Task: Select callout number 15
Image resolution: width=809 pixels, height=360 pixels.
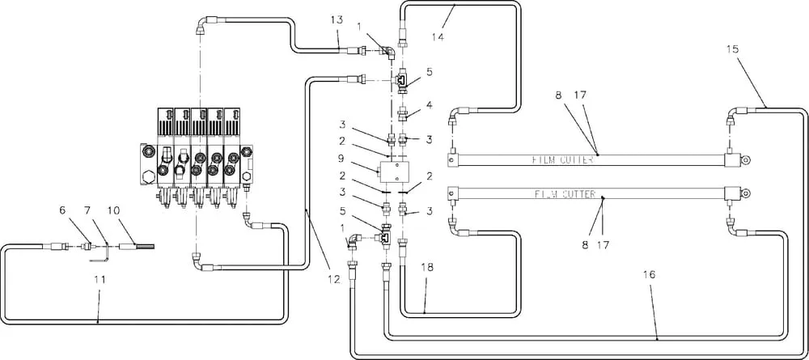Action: (732, 49)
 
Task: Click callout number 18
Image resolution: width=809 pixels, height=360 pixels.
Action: (427, 267)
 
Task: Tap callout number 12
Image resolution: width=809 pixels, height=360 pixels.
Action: (334, 279)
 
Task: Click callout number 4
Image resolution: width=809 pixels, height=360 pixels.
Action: (430, 104)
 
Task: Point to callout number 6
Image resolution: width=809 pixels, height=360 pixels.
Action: (63, 210)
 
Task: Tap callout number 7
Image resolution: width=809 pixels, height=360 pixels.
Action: (87, 210)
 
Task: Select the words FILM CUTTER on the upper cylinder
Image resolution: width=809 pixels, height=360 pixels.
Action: (563, 160)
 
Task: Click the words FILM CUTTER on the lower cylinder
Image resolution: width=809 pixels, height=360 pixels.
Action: (565, 194)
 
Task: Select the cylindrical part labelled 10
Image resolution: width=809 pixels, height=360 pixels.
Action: (129, 247)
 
